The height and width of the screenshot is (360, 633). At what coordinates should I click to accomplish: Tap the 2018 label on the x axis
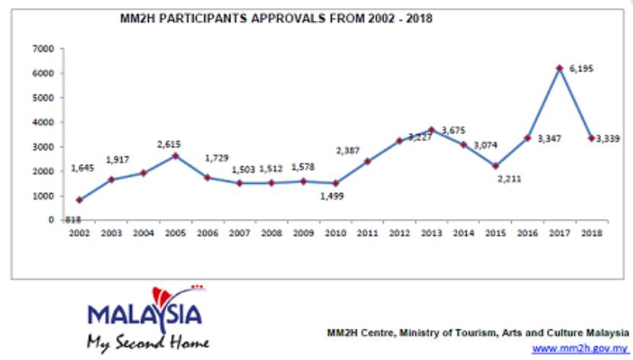(589, 233)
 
